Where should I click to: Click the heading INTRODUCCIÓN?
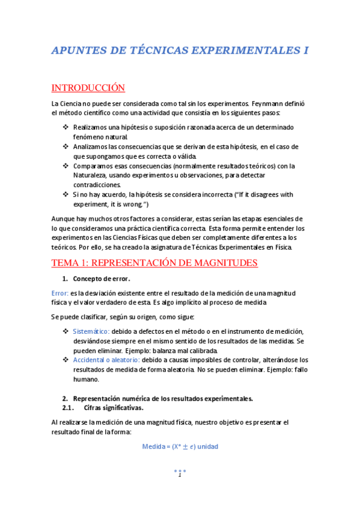pyautogui.click(x=88, y=88)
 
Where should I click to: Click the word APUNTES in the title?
pyautogui.click(x=80, y=51)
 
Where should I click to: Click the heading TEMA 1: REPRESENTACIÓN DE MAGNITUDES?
pyautogui.click(x=155, y=263)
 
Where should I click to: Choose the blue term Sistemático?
pyautogui.click(x=91, y=332)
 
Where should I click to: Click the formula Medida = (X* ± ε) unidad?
pyautogui.click(x=179, y=447)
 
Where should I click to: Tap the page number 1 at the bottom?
pyautogui.click(x=179, y=475)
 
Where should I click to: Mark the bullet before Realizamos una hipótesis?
pyautogui.click(x=66, y=127)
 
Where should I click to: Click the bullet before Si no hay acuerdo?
pyautogui.click(x=66, y=194)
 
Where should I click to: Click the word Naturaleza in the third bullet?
pyautogui.click(x=92, y=175)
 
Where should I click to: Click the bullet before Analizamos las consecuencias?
pyautogui.click(x=66, y=147)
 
